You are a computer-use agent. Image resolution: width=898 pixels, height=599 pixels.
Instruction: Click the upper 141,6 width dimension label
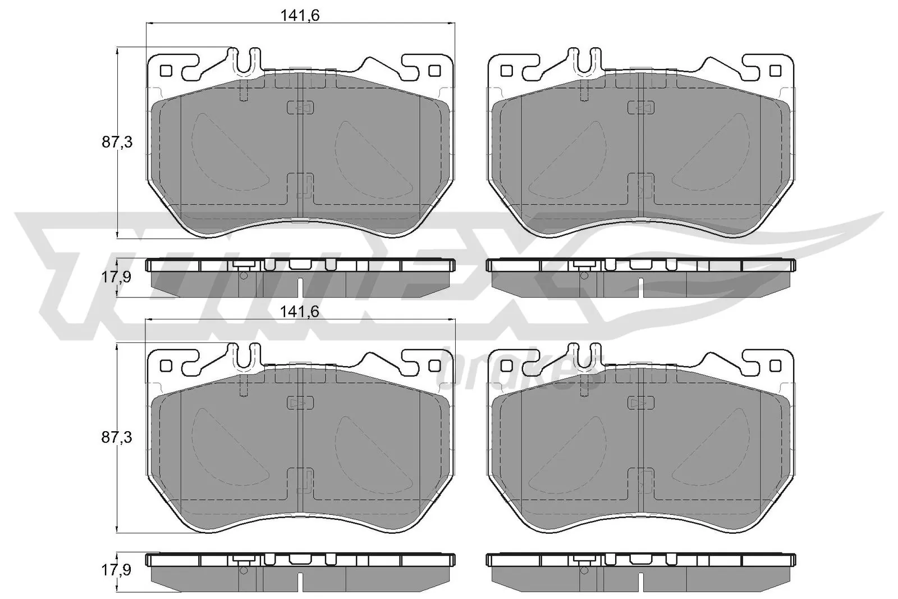point(300,16)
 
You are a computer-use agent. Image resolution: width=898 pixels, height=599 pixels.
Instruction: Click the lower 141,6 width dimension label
point(300,311)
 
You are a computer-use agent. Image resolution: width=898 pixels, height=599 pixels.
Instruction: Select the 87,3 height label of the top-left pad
point(117,143)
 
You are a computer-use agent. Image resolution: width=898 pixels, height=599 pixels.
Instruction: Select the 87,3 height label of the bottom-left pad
point(117,438)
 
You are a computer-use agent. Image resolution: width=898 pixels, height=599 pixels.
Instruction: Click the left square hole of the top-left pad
point(166,71)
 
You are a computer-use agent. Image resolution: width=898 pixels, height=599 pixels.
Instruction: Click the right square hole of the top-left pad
point(433,71)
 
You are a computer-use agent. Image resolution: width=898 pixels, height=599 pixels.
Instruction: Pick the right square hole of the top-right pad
point(775,71)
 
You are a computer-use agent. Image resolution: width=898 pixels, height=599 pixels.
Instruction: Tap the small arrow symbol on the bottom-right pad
point(640,403)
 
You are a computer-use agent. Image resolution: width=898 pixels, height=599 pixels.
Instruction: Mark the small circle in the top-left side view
point(244,275)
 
